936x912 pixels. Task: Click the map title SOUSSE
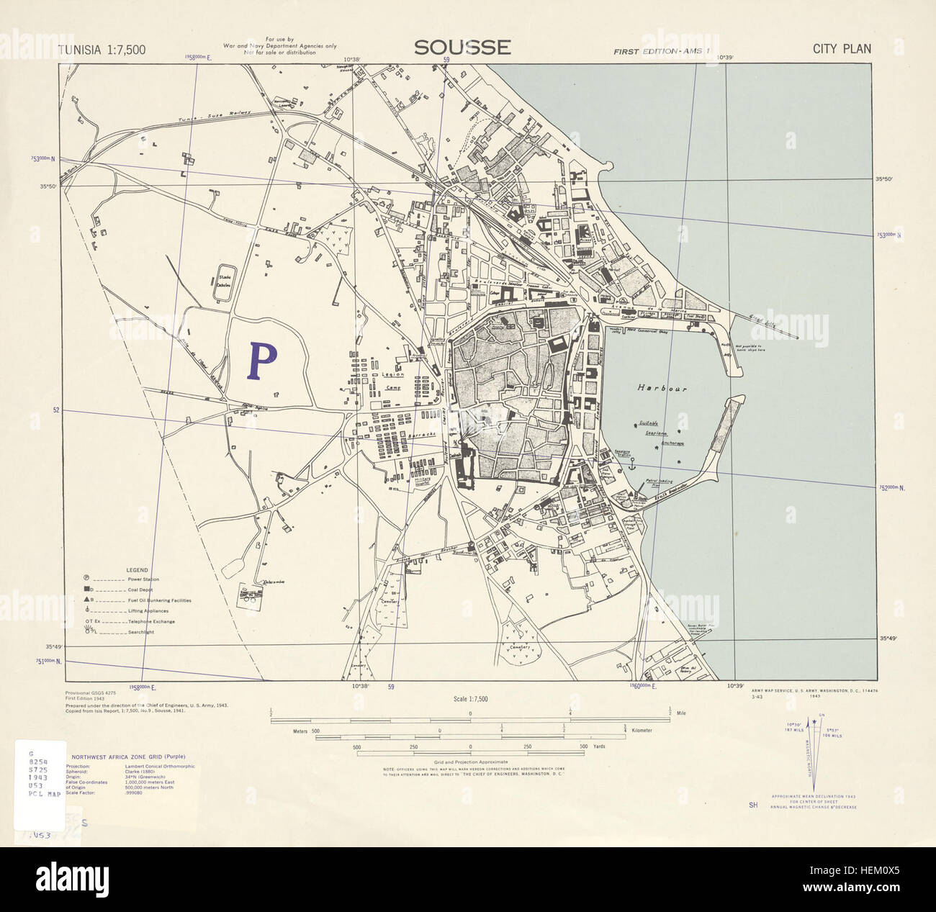pyautogui.click(x=462, y=48)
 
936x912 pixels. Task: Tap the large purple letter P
pyautogui.click(x=263, y=361)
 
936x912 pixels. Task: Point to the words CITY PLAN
pyautogui.click(x=842, y=49)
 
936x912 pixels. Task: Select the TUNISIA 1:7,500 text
pyautogui.click(x=102, y=50)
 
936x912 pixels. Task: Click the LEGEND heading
pyautogui.click(x=137, y=569)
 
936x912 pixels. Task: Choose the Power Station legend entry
pyautogui.click(x=143, y=579)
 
